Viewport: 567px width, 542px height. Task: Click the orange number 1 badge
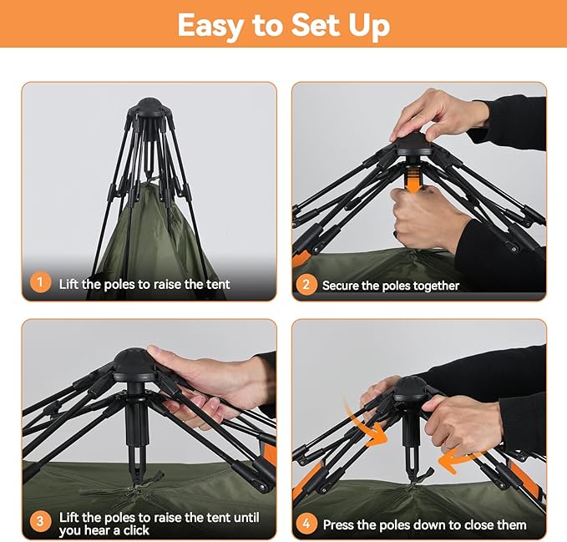pos(40,283)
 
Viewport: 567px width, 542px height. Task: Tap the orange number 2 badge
pos(306,285)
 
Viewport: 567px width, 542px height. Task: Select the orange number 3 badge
pos(40,521)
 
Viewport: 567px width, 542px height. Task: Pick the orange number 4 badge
pos(306,524)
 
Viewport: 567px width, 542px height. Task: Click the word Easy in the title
pos(210,26)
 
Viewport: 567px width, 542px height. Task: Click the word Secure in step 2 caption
pos(340,286)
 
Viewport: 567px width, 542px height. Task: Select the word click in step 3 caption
pos(136,530)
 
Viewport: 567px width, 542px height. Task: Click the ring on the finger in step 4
pos(448,444)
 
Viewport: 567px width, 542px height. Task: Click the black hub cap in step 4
pos(411,388)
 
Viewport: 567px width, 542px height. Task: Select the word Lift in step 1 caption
pos(68,284)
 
